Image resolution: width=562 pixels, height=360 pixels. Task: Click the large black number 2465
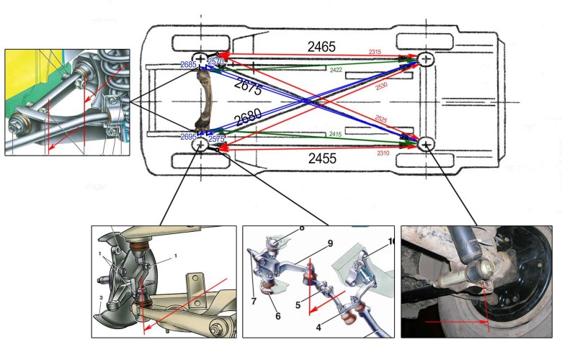pos(321,46)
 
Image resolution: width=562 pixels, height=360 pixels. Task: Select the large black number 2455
pos(321,158)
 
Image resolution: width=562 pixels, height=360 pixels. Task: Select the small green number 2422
pos(336,70)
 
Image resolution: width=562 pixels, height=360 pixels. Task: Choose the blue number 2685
pos(189,65)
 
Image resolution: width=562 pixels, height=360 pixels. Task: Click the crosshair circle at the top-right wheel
pos(427,59)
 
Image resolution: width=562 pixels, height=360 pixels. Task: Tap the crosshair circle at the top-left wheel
pos(200,59)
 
